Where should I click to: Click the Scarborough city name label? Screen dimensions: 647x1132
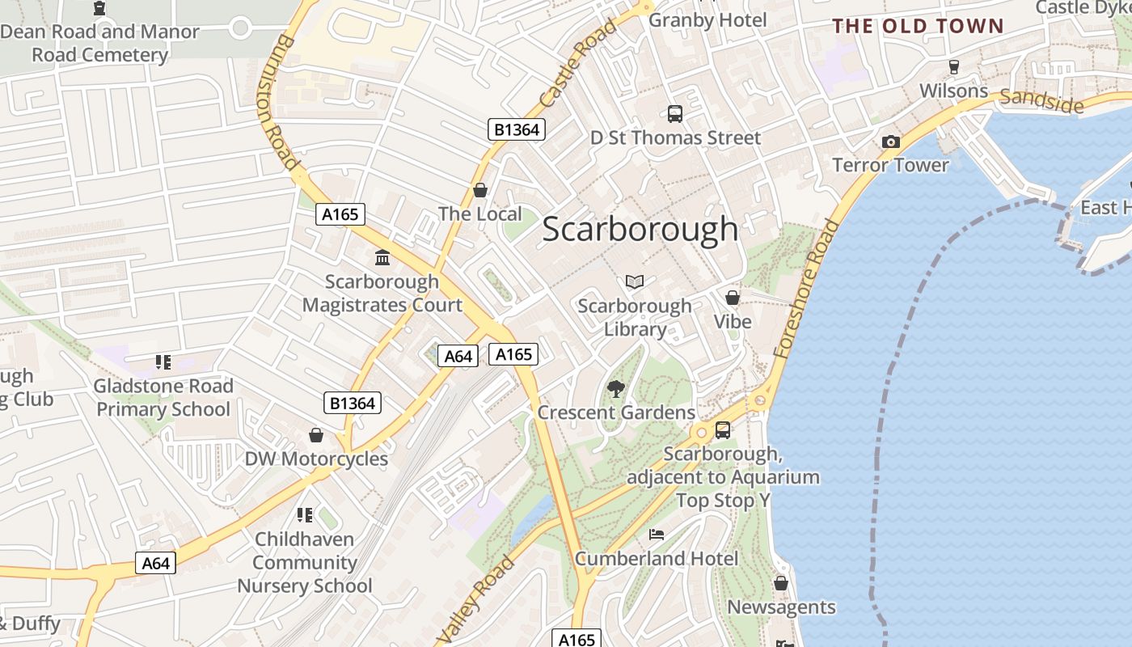pos(640,229)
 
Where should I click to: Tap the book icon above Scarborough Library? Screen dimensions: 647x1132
pos(635,281)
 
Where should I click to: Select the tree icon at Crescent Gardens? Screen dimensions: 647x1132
pos(616,388)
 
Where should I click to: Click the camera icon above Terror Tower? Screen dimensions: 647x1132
pos(890,142)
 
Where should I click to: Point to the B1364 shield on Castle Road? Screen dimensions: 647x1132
pos(517,129)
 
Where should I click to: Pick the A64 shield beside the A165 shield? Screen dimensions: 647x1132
pos(458,356)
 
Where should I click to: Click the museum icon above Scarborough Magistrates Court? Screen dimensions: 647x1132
pos(382,258)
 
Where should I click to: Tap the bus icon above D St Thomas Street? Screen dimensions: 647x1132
pos(674,114)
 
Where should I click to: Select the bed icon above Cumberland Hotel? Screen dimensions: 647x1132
pos(657,535)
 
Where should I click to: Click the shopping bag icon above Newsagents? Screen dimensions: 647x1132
pos(780,583)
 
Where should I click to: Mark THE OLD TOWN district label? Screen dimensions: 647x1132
pos(918,26)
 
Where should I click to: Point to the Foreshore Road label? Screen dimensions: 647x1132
pos(806,289)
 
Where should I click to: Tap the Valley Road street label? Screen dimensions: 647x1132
pos(479,598)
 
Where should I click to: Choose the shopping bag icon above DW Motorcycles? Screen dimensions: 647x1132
pos(316,435)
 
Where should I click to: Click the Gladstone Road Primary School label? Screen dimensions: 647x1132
pos(163,397)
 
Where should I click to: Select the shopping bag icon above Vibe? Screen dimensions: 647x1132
pos(733,298)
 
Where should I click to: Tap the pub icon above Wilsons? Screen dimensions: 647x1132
pos(953,66)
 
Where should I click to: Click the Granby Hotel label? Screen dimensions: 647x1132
pos(707,20)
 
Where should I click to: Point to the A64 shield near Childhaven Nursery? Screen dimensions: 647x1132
pos(154,564)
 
